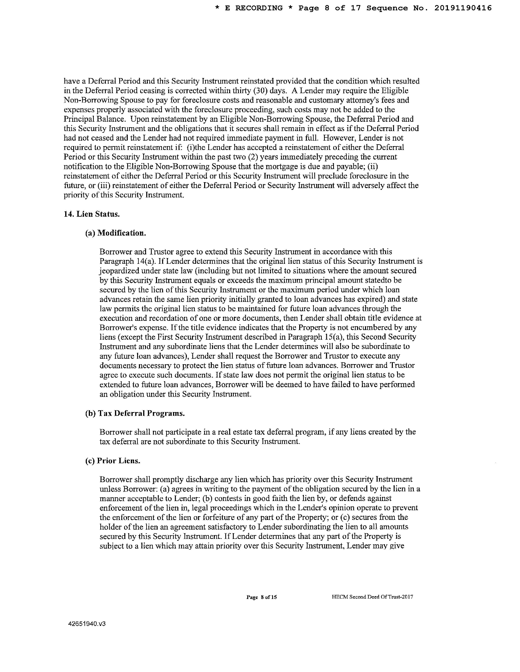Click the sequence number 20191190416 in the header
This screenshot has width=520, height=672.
click(x=463, y=8)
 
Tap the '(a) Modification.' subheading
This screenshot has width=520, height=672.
click(x=116, y=233)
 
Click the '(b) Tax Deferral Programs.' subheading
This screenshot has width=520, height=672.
click(x=135, y=413)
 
